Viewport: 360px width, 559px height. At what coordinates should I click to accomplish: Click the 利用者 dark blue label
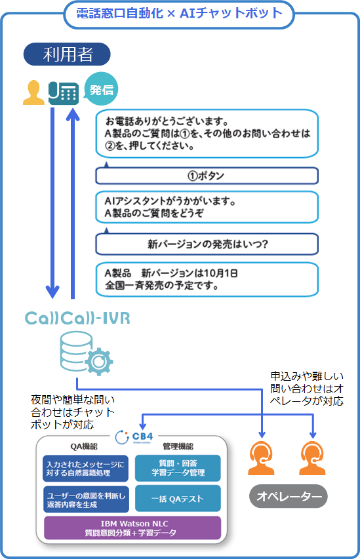coord(67,54)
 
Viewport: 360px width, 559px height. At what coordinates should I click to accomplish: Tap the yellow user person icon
coord(33,92)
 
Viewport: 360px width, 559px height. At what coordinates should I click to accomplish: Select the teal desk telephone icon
coord(64,93)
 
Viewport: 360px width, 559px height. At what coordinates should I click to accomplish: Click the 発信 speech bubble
coord(101,88)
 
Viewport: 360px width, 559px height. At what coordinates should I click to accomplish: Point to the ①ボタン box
coord(207,176)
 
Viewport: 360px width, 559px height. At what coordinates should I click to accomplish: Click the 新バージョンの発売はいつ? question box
coord(207,244)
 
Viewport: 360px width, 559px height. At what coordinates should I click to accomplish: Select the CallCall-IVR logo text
coord(77,318)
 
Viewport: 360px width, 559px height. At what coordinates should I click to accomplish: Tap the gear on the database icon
coord(98,362)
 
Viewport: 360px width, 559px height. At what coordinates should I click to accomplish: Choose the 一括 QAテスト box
coord(178,499)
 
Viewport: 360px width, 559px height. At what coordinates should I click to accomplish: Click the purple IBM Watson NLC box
coord(132,528)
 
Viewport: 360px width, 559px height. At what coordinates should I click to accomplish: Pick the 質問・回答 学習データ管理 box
coord(178,468)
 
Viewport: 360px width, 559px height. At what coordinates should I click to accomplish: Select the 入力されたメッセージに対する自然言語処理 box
coord(86,469)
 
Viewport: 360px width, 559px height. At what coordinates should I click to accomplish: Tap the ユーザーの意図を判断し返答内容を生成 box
coord(86,499)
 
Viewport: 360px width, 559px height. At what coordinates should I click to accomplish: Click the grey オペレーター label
coord(289,496)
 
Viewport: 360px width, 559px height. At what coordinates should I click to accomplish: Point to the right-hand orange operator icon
coord(312,459)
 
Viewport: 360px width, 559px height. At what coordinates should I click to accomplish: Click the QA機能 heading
coord(83,446)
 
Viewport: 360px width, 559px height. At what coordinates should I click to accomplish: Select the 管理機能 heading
coord(178,446)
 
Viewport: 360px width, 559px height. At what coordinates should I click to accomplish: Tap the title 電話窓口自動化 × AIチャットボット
coord(179,14)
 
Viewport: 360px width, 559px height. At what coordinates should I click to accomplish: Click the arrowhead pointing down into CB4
coord(143,426)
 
